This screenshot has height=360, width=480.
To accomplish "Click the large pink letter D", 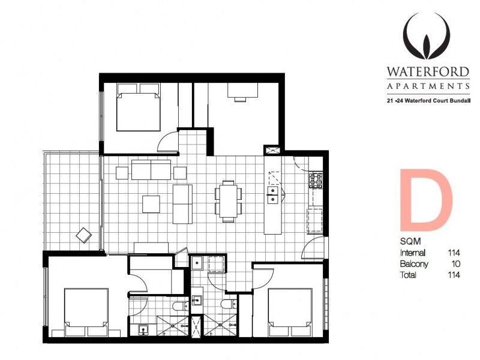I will coord(425,202).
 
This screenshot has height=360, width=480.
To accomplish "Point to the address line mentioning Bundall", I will coord(427,101).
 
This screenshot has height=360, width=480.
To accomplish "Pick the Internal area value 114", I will coord(454,253).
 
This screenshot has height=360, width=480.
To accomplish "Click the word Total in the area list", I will coord(409,275).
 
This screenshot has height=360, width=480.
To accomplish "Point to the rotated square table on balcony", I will coord(83,235).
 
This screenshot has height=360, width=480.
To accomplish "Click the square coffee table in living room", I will coord(151,204).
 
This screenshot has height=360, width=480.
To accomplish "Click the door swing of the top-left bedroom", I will coord(167,142).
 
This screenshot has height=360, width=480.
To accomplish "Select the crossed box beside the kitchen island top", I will coord(272,151).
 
